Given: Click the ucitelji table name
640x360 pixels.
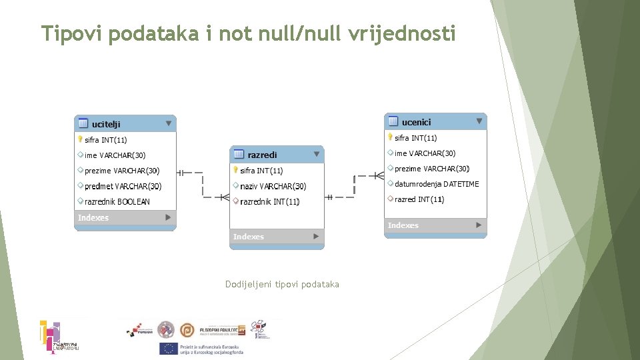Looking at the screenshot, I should pyautogui.click(x=106, y=124).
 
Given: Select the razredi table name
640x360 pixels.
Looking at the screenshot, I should pyautogui.click(x=262, y=155).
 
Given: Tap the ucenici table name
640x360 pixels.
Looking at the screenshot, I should pyautogui.click(x=416, y=122).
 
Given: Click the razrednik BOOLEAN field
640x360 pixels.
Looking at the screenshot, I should pyautogui.click(x=117, y=201).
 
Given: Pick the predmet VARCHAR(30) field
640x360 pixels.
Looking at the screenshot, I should pyautogui.click(x=123, y=186).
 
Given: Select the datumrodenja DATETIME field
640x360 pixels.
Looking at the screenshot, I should pyautogui.click(x=436, y=184).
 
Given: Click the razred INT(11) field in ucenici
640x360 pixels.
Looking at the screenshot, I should pyautogui.click(x=419, y=199).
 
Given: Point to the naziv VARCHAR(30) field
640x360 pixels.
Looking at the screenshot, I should pyautogui.click(x=273, y=186).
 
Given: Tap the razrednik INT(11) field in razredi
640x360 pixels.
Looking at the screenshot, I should pyautogui.click(x=269, y=201).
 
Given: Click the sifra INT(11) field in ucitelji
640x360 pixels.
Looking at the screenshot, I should pyautogui.click(x=105, y=140).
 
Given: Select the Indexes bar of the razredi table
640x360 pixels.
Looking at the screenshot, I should pyautogui.click(x=276, y=237).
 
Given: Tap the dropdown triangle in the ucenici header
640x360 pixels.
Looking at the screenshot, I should pyautogui.click(x=479, y=121).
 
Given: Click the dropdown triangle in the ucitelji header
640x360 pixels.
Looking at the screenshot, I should pyautogui.click(x=169, y=123).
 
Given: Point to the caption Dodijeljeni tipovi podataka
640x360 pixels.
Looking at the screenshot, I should pyautogui.click(x=282, y=285).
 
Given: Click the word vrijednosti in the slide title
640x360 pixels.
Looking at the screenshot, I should pyautogui.click(x=402, y=33).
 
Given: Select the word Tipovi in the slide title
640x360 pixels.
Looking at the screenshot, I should pyautogui.click(x=72, y=33).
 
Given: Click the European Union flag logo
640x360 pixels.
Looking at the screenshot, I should pyautogui.click(x=167, y=349).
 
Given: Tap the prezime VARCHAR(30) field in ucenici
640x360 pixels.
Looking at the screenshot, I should pyautogui.click(x=431, y=169).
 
